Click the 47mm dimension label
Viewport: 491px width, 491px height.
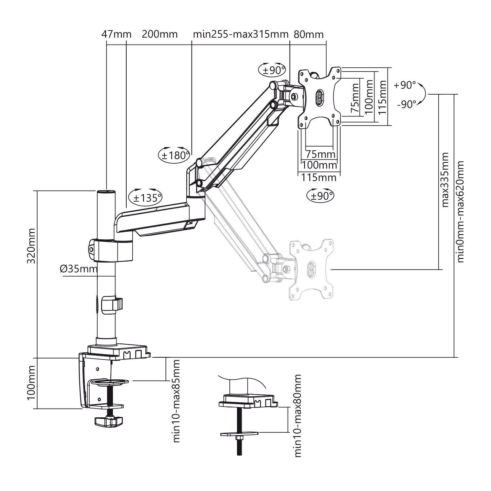click(x=116, y=34)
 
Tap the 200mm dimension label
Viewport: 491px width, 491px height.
click(x=159, y=34)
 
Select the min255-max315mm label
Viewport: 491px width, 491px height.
click(x=241, y=34)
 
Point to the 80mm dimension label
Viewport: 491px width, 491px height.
click(x=308, y=34)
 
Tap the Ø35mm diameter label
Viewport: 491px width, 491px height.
click(x=79, y=269)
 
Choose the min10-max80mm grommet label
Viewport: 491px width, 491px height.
click(x=298, y=416)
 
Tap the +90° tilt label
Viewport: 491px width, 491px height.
click(x=405, y=85)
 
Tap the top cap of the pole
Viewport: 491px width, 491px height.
click(x=106, y=192)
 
